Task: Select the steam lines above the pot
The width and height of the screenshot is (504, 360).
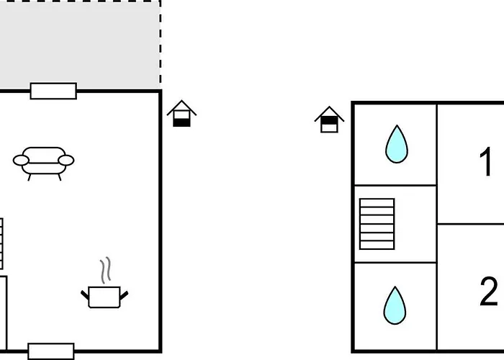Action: pos(105,270)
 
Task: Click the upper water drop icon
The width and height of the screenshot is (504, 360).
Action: pos(397,144)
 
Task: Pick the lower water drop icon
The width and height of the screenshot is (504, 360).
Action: pos(395,305)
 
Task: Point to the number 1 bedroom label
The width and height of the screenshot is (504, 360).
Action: pos(486,161)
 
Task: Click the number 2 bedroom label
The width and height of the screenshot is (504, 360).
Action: pos(489,292)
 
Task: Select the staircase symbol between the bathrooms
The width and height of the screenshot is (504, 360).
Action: pos(377,224)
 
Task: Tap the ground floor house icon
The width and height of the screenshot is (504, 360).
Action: pos(181,114)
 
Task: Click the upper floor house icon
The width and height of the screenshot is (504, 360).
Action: pos(329,120)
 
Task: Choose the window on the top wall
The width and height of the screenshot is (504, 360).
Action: pos(53,91)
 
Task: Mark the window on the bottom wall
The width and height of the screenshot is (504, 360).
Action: pos(51,351)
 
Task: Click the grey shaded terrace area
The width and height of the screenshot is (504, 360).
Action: pos(80,45)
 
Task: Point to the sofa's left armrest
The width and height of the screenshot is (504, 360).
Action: pos(21,161)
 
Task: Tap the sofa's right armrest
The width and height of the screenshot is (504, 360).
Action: pos(66,160)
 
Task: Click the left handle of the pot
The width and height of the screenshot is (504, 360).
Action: pos(84,295)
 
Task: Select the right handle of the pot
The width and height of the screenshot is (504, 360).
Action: pos(124,295)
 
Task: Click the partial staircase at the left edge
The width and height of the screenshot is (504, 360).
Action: pos(1,243)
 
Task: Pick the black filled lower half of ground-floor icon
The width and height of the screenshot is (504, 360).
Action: pos(181,122)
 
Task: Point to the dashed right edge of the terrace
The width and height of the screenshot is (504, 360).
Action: pos(160,45)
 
